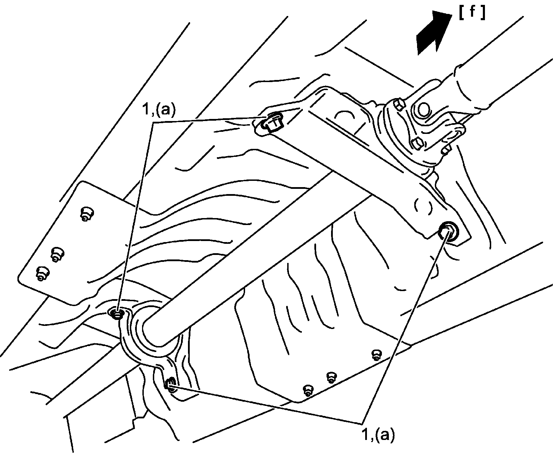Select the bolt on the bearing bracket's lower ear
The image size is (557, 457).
171,384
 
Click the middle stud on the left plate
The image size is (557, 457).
57,254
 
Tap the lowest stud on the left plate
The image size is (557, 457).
42,274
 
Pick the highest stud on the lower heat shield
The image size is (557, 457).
376,355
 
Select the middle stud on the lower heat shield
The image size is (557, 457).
331,377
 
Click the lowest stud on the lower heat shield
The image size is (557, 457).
308,390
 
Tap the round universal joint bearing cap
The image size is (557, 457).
423,110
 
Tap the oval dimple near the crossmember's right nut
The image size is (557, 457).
423,208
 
